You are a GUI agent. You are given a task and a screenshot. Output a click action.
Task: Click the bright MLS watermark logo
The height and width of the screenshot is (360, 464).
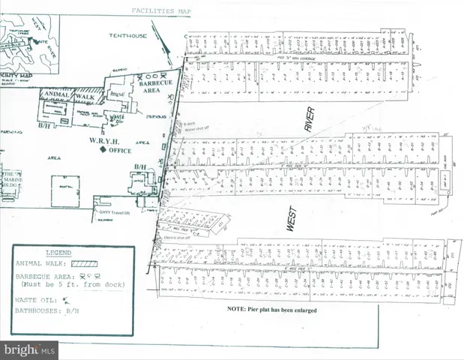pyautogui.click(x=30, y=349)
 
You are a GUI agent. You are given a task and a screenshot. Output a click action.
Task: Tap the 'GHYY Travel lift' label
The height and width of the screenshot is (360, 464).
pyautogui.click(x=114, y=198)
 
